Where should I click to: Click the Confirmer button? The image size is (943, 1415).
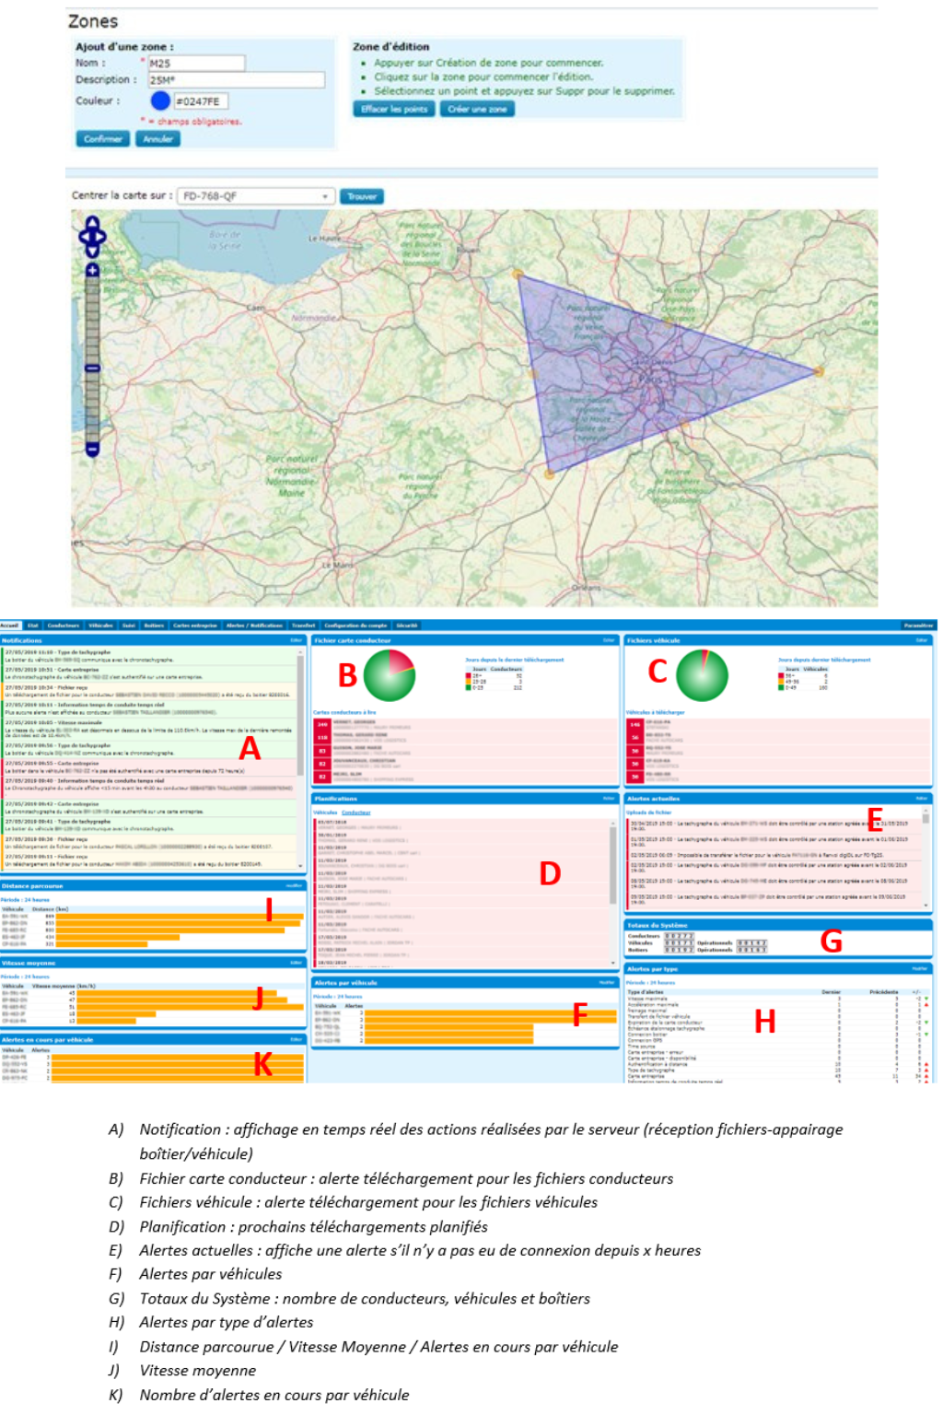tap(102, 139)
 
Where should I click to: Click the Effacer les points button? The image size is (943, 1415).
tap(393, 109)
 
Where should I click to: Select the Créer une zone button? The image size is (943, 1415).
tap(477, 109)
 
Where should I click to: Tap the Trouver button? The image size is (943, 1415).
tap(362, 196)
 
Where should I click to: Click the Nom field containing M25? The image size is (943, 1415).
tap(197, 64)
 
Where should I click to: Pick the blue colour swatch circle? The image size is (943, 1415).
tap(160, 101)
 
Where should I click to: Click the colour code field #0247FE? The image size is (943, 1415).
tap(200, 101)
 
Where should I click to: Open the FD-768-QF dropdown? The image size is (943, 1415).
tap(255, 196)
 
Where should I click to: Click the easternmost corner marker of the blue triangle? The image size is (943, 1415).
tap(819, 371)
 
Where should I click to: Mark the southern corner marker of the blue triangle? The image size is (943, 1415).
tap(550, 474)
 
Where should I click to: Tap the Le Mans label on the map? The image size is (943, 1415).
tap(337, 564)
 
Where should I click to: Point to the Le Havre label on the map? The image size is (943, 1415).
tap(324, 239)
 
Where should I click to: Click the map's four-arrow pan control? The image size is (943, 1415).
tap(92, 237)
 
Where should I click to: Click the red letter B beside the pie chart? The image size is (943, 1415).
tap(347, 675)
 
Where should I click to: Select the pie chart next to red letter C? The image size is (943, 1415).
tap(702, 675)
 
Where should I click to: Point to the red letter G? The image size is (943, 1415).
tap(831, 941)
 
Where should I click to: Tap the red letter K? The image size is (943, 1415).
tap(262, 1065)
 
